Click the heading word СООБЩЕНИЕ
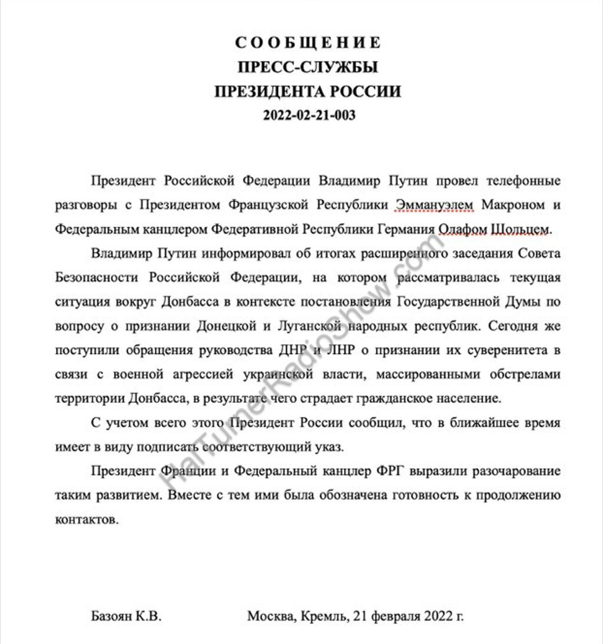pos(308,43)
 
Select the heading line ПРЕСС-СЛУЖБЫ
pos(308,68)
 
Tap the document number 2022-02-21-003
pos(307,115)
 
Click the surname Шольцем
pos(521,229)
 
